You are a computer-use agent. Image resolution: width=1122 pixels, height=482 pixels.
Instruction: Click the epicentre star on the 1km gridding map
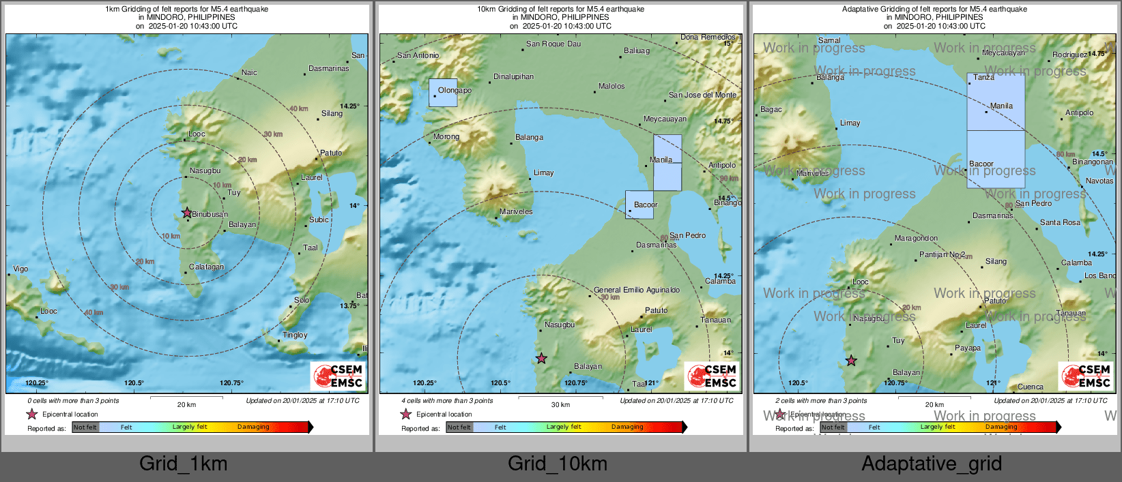pyautogui.click(x=187, y=213)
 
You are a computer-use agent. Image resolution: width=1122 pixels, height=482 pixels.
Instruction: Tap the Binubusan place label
pyautogui.click(x=210, y=214)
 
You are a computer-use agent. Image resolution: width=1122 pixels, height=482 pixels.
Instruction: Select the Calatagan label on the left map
pyautogui.click(x=206, y=267)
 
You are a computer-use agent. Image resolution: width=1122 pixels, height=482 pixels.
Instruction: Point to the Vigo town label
pyautogui.click(x=20, y=269)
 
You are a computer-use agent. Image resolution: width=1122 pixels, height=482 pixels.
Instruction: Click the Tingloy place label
pyautogui.click(x=295, y=335)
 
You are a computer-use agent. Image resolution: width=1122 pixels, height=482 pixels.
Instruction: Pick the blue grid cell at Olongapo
pyautogui.click(x=443, y=93)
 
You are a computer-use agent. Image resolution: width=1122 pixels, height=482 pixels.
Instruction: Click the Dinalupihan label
pyautogui.click(x=513, y=76)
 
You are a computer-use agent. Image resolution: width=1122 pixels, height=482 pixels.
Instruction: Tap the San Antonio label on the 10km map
pyautogui.click(x=418, y=55)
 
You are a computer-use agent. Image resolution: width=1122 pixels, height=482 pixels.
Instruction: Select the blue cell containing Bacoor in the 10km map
pyautogui.click(x=639, y=205)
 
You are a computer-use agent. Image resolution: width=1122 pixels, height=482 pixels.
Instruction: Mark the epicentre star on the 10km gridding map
pyautogui.click(x=541, y=358)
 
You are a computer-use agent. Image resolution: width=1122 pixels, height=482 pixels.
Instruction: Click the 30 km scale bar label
pyautogui.click(x=560, y=405)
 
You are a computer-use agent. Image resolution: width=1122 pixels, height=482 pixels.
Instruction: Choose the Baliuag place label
pyautogui.click(x=636, y=50)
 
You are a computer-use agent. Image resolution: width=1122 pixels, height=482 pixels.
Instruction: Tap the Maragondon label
pyautogui.click(x=916, y=238)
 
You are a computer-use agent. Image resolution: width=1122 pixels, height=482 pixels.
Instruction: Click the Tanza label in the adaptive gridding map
pyautogui.click(x=983, y=77)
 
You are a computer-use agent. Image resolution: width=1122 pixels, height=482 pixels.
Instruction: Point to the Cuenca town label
pyautogui.click(x=1030, y=387)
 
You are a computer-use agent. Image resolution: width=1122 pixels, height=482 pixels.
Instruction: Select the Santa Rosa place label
pyautogui.click(x=1060, y=222)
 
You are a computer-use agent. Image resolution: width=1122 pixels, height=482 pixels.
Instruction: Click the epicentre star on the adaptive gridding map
pyautogui.click(x=851, y=361)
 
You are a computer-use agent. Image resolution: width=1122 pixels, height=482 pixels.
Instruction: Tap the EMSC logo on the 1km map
pyautogui.click(x=339, y=376)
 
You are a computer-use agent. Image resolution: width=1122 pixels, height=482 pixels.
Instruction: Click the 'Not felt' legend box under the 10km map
pyautogui.click(x=459, y=427)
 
